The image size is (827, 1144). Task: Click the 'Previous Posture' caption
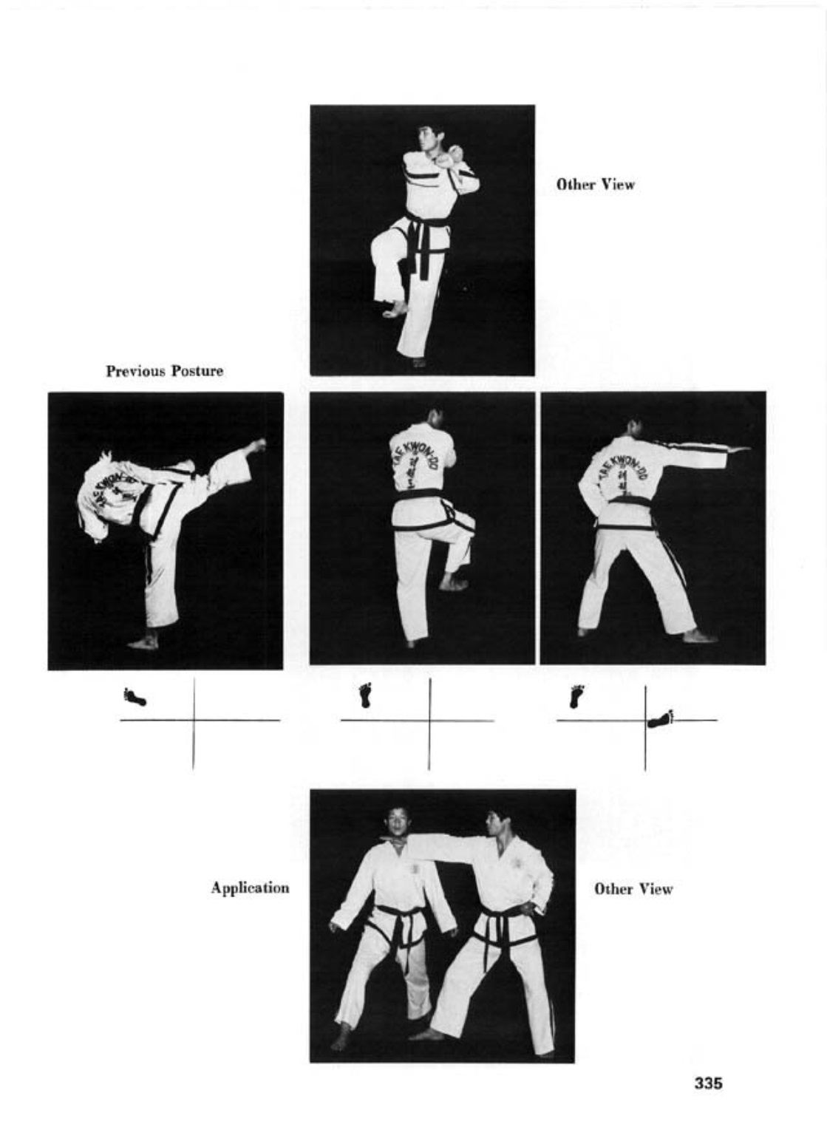coord(165,371)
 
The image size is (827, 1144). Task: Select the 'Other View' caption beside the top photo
coord(596,184)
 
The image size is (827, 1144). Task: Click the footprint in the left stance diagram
coord(135,697)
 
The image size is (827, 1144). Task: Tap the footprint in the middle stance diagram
coord(365,695)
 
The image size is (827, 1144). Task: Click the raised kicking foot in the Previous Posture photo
coord(256,446)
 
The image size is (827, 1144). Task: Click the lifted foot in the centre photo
coord(455,582)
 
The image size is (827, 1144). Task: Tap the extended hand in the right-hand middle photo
coord(738,449)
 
